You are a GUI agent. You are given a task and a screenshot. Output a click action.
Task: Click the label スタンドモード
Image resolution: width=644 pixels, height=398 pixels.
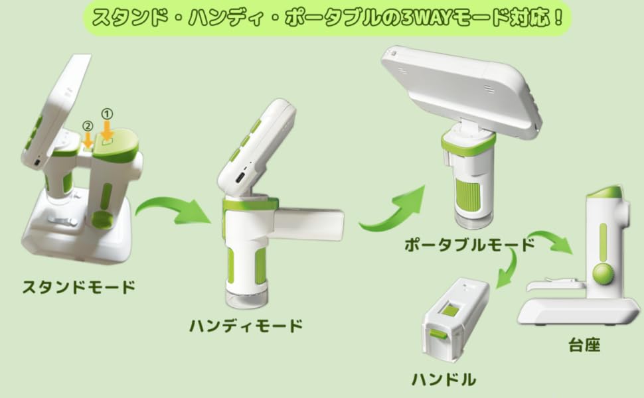[78, 287]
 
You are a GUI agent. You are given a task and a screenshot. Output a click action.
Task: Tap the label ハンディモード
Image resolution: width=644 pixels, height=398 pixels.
[246, 326]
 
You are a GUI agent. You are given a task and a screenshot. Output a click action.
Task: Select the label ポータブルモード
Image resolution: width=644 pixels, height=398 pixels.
[469, 245]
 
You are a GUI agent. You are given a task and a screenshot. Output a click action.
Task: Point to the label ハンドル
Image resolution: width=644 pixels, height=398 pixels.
[444, 379]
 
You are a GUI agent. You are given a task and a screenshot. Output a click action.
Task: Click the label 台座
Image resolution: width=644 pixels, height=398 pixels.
[584, 345]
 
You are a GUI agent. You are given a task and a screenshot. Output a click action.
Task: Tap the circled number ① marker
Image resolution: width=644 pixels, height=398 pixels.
[107, 113]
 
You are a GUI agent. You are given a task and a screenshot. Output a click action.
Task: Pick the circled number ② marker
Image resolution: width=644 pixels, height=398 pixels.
[88, 126]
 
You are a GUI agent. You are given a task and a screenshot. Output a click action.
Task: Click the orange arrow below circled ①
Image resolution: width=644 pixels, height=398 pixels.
[107, 131]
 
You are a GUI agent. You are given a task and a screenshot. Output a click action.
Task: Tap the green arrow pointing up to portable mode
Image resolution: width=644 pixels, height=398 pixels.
[394, 209]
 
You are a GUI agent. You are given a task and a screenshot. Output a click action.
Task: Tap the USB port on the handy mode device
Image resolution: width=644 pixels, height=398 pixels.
[240, 179]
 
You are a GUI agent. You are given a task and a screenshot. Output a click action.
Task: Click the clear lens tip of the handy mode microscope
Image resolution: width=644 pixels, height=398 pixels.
[247, 300]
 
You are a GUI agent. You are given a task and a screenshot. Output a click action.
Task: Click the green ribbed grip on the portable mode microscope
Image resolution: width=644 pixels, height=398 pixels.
[467, 196]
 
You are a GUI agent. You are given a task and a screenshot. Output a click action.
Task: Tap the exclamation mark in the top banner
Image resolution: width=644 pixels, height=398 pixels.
[558, 18]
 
